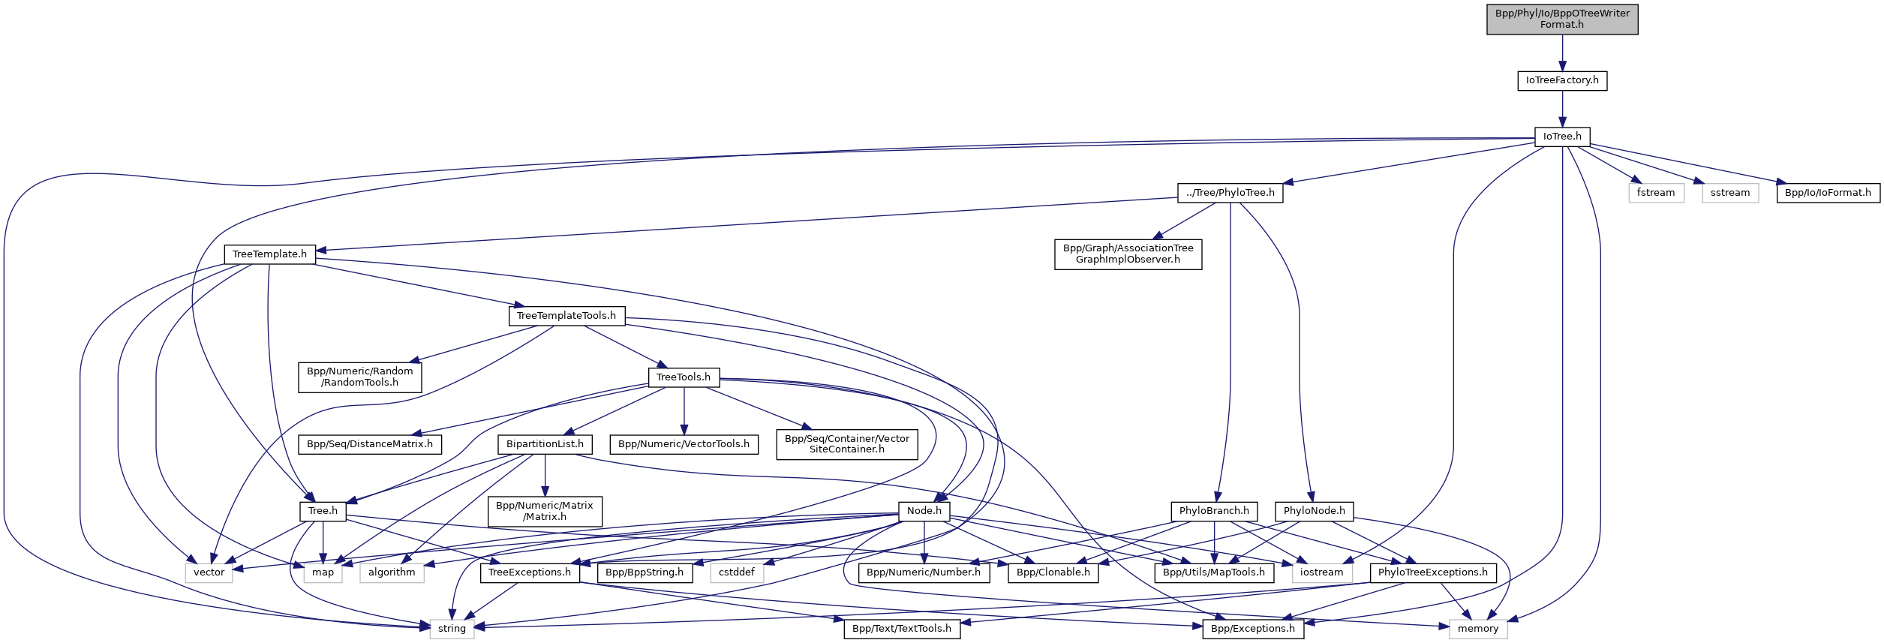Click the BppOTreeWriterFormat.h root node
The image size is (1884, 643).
pyautogui.click(x=1561, y=19)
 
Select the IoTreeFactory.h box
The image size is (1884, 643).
pyautogui.click(x=1561, y=80)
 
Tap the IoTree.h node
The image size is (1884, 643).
pyautogui.click(x=1561, y=137)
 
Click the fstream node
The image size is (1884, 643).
pyautogui.click(x=1655, y=193)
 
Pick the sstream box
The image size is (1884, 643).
pyautogui.click(x=1729, y=193)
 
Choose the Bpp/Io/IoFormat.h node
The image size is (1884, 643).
pyautogui.click(x=1828, y=193)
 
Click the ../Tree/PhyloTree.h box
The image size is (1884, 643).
pyautogui.click(x=1230, y=193)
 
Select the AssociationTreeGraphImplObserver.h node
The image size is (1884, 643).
pyautogui.click(x=1128, y=254)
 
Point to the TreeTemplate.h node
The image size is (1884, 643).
pyautogui.click(x=269, y=254)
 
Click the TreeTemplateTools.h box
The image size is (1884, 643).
pyautogui.click(x=566, y=316)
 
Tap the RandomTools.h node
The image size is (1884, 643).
pyautogui.click(x=359, y=377)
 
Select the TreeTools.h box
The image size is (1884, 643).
pyautogui.click(x=683, y=377)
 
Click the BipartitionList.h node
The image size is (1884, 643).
pyautogui.click(x=545, y=444)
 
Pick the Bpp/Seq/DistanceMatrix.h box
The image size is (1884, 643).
pyautogui.click(x=370, y=444)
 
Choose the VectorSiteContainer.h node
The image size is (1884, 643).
pyautogui.click(x=846, y=444)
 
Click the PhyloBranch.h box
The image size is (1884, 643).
pyautogui.click(x=1213, y=511)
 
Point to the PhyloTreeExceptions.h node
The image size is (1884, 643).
pyautogui.click(x=1432, y=572)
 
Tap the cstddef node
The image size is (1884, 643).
pyautogui.click(x=736, y=572)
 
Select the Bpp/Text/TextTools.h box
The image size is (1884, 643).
pyautogui.click(x=901, y=629)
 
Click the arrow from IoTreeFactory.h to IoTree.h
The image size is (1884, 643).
pyautogui.click(x=1561, y=109)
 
